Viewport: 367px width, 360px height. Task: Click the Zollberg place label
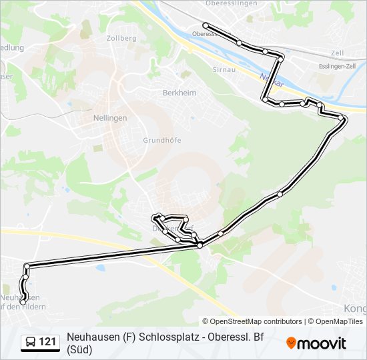[121, 38]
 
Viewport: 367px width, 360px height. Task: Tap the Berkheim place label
[179, 93]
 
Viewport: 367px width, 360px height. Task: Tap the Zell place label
[337, 53]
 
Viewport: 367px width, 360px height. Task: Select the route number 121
[47, 342]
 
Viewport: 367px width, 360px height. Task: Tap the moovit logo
[316, 343]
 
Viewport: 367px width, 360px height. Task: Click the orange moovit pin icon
[291, 343]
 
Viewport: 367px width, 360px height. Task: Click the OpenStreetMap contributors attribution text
[252, 321]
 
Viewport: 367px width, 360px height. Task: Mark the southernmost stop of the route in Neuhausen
[23, 303]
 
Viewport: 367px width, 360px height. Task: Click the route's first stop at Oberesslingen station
[206, 25]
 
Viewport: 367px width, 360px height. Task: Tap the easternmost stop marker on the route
[342, 118]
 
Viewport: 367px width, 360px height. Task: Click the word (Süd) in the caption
[79, 349]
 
